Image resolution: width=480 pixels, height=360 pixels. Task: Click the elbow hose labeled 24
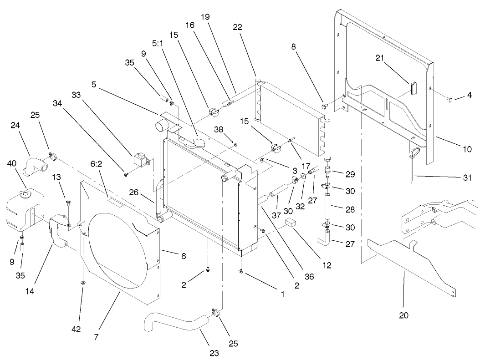(34, 164)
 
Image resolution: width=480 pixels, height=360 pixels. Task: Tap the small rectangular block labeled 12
(291, 223)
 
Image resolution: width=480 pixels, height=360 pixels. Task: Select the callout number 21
(380, 57)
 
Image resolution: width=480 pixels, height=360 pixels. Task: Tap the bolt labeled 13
(67, 201)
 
